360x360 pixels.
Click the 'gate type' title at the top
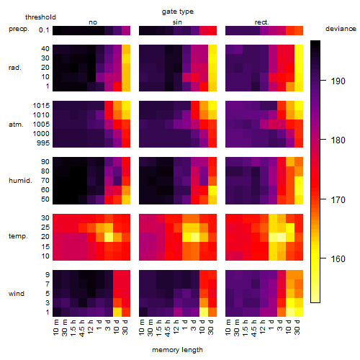point(178,12)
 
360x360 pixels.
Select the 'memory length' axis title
point(177,350)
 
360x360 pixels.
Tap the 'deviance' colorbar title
point(341,29)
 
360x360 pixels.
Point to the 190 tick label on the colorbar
point(338,81)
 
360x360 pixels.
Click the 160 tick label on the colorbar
point(338,259)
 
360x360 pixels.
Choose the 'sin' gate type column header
point(177,22)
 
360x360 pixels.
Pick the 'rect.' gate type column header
point(262,22)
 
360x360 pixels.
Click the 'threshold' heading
point(40,17)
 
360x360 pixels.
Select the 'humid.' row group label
point(20,181)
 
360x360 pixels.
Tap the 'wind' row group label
point(17,294)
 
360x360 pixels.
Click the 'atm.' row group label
point(16,125)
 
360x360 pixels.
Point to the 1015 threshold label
point(41,106)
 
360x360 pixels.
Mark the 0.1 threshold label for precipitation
point(44,30)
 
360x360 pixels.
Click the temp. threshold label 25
point(45,227)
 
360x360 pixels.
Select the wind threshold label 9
point(48,275)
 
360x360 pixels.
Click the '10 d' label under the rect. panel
point(288,327)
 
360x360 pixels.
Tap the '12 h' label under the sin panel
point(176,327)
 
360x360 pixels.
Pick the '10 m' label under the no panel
point(55,328)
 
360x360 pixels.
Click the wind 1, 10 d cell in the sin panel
point(204,312)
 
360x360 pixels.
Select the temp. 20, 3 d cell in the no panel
point(109,238)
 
